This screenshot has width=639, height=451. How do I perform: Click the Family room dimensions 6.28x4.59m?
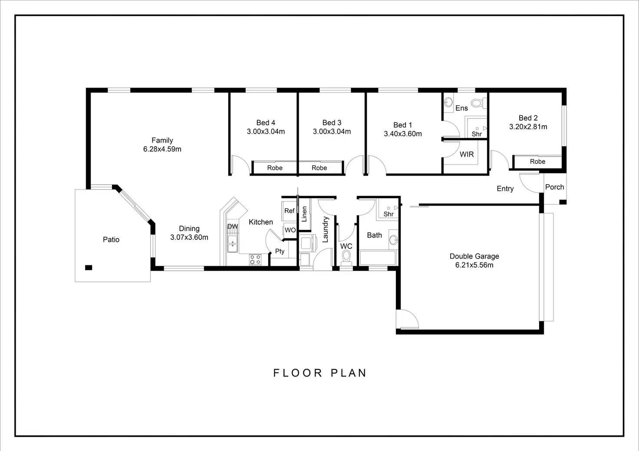click(x=162, y=149)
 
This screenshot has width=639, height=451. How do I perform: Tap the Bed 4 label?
click(x=266, y=123)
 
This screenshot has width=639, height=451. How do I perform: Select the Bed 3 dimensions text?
click(x=332, y=132)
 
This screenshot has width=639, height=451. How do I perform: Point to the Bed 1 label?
click(x=402, y=125)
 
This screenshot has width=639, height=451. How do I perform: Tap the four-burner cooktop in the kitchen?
click(x=255, y=260)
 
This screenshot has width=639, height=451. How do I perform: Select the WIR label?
click(x=467, y=154)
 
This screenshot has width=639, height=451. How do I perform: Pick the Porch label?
click(x=554, y=187)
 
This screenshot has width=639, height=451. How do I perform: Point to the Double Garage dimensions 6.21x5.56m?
click(x=474, y=265)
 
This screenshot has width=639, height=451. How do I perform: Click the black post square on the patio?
click(x=89, y=268)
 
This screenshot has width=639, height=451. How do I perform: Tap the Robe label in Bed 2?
click(x=537, y=162)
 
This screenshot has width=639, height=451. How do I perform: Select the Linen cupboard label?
click(x=304, y=214)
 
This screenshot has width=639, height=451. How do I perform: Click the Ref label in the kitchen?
click(x=289, y=211)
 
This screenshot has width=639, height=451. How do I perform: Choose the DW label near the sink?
click(x=233, y=226)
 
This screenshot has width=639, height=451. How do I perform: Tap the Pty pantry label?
click(x=280, y=251)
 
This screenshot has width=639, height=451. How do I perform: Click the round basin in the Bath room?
click(x=394, y=240)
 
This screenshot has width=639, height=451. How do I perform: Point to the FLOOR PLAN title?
click(x=319, y=373)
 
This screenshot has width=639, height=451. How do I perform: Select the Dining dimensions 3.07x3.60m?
click(x=189, y=237)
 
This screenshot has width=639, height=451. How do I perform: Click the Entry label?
click(x=505, y=189)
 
